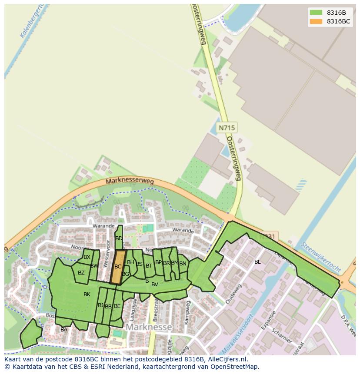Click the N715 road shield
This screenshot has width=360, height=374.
(227, 128)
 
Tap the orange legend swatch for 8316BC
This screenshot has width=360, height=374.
(316, 21)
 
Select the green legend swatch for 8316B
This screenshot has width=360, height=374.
(316, 12)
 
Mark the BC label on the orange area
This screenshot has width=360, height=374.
(118, 267)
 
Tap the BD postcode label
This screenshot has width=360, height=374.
(119, 238)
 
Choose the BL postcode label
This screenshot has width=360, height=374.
(257, 262)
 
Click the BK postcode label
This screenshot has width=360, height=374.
(87, 295)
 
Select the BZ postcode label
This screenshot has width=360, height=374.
(81, 273)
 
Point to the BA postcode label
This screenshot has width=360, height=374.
(64, 330)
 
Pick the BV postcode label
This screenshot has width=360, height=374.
(154, 285)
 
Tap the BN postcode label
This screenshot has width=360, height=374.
(183, 263)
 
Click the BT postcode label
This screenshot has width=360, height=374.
(149, 265)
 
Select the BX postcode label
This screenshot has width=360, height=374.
(87, 257)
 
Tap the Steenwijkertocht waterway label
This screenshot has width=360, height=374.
(321, 257)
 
